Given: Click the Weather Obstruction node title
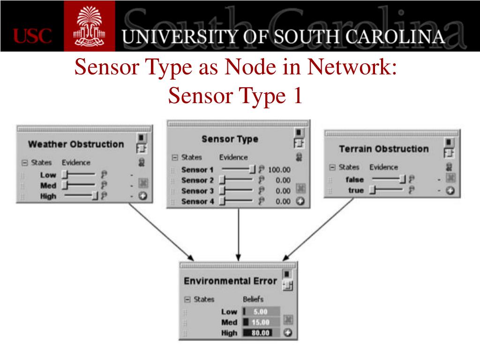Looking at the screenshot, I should tap(76, 144).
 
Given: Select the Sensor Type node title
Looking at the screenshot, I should tap(230, 139).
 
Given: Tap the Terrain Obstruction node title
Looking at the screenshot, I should tap(383, 149).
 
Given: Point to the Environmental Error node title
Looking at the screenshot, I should tap(230, 281).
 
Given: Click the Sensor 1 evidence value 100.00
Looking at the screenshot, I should tap(279, 170).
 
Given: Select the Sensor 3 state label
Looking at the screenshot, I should tap(197, 191).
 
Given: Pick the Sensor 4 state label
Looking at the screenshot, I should tap(197, 202).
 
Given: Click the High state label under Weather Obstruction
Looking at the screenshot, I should tap(48, 196).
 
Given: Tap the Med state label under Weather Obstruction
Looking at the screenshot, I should tap(48, 186).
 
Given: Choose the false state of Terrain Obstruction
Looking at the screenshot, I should tap(355, 179).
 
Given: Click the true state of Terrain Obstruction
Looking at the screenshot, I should tap(356, 190).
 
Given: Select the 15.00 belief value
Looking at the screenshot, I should tap(261, 322).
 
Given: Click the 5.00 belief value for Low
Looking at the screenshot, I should tap(261, 311).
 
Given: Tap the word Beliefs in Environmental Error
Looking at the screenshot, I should tap(253, 299).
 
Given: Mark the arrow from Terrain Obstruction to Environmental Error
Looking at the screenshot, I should tap(319, 230).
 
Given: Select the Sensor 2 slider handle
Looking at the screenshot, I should tap(223, 180).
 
